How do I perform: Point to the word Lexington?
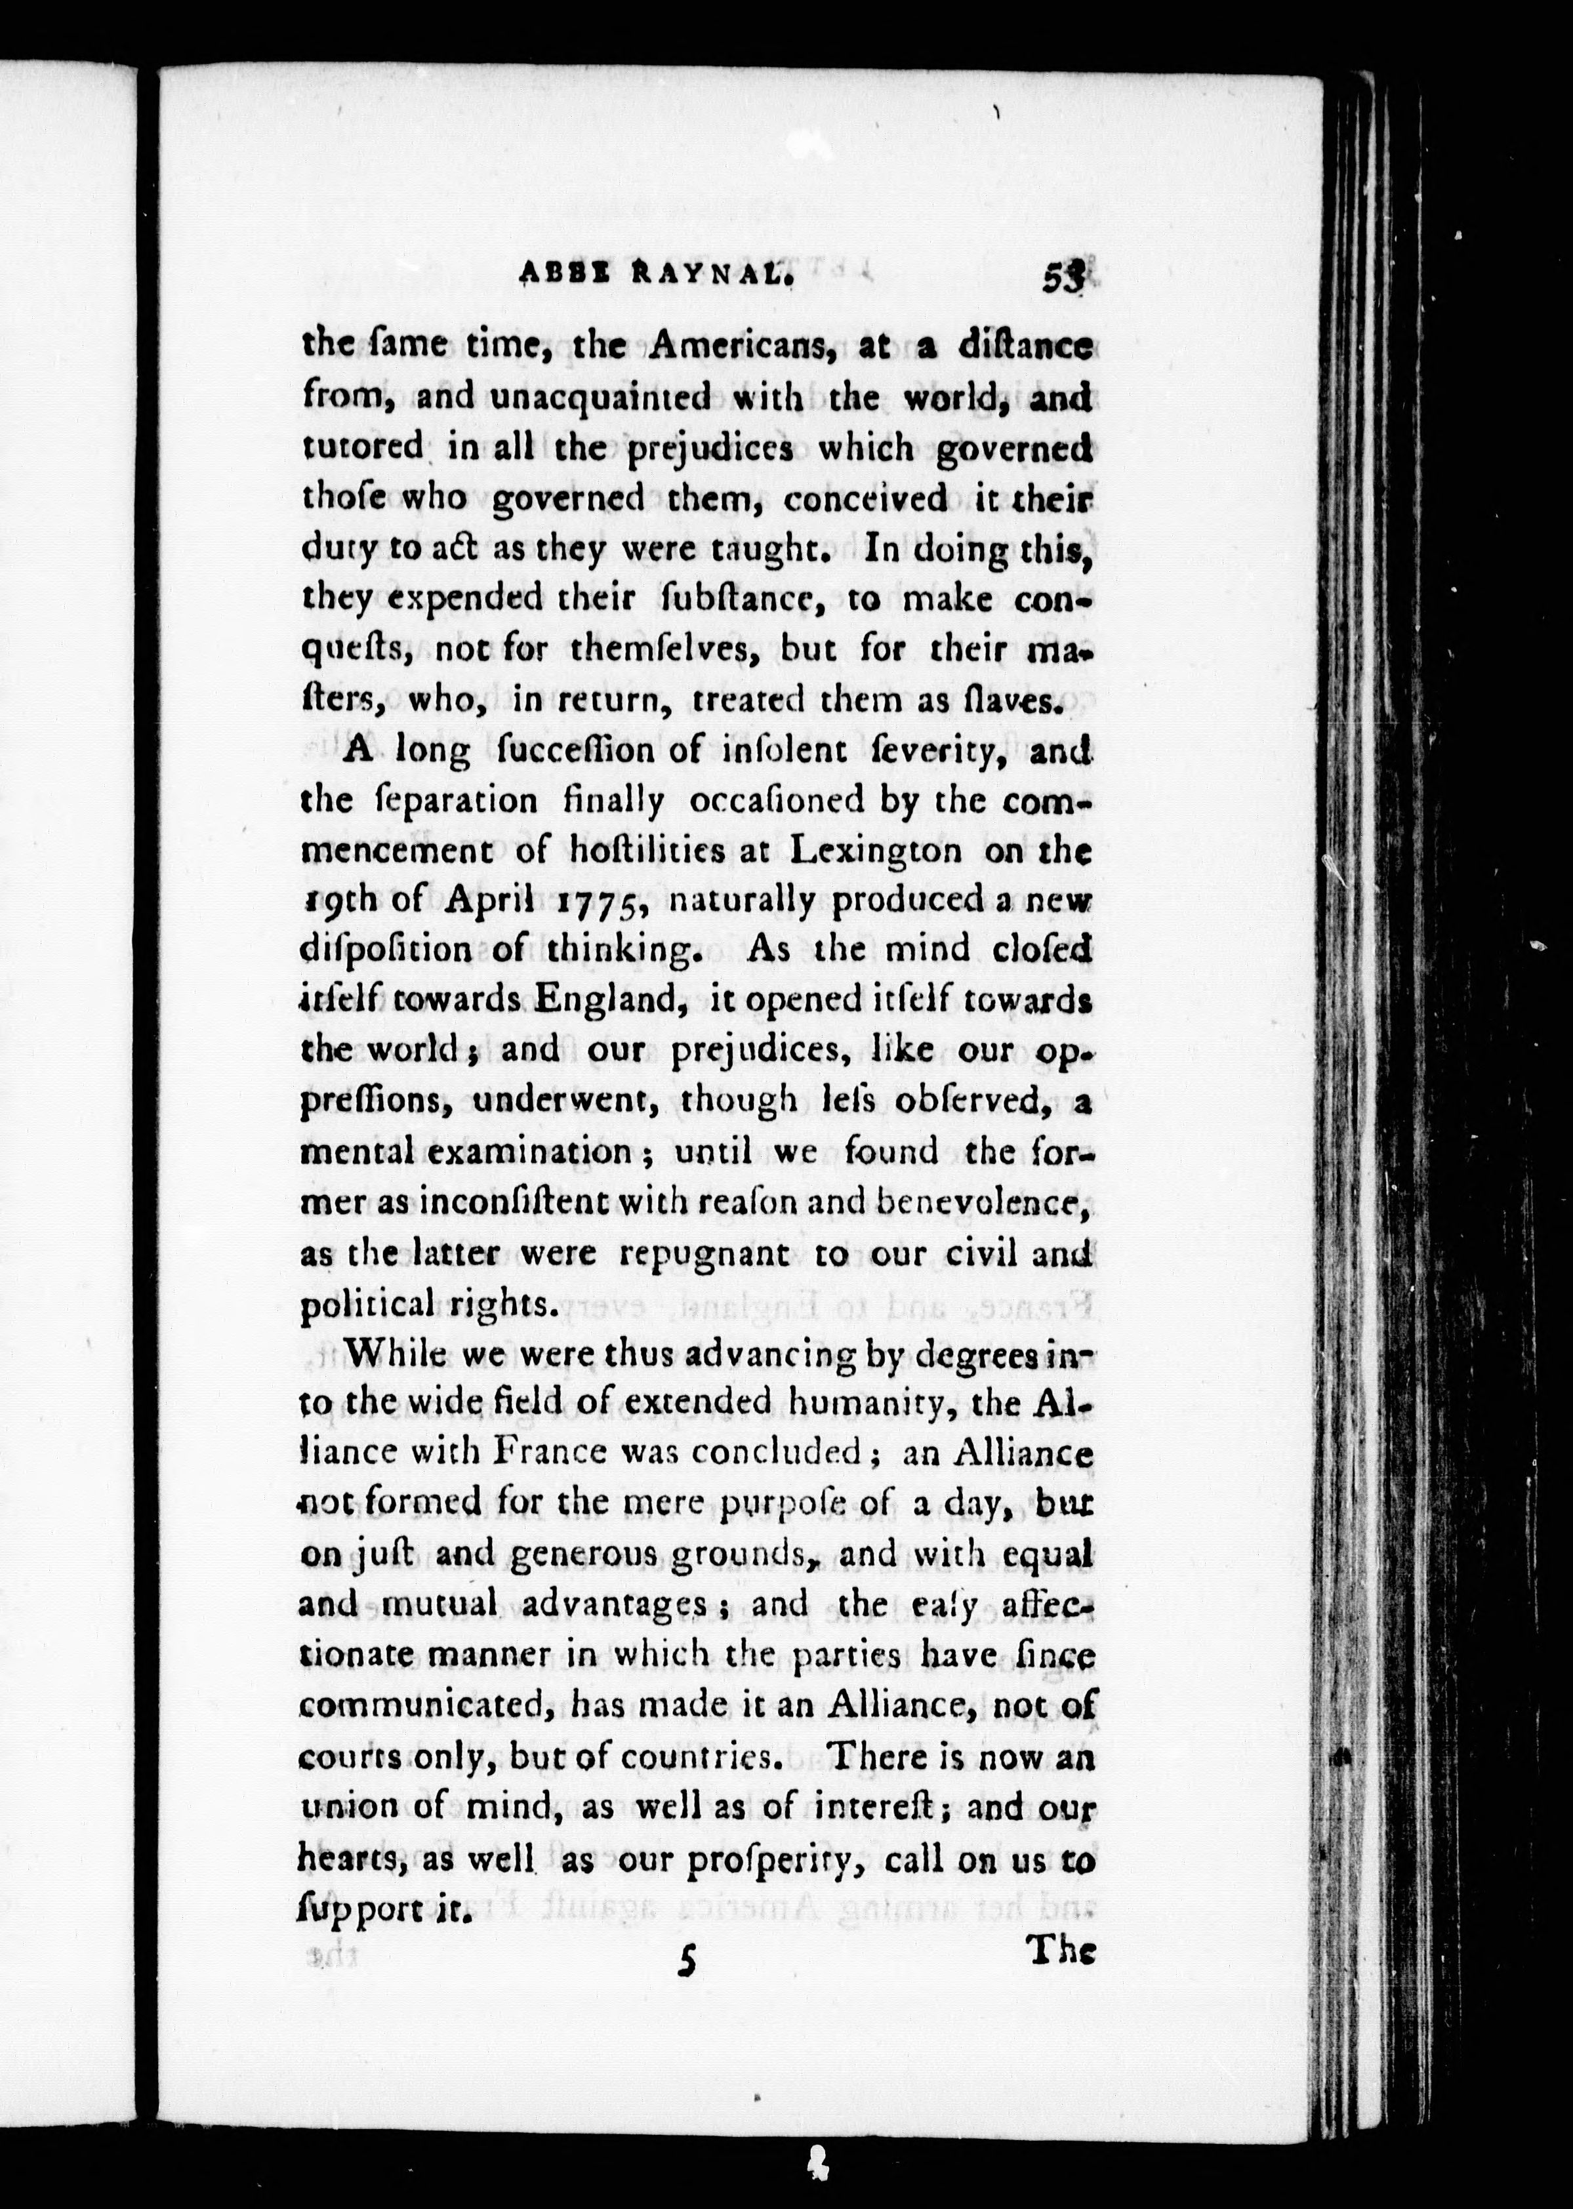876,849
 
